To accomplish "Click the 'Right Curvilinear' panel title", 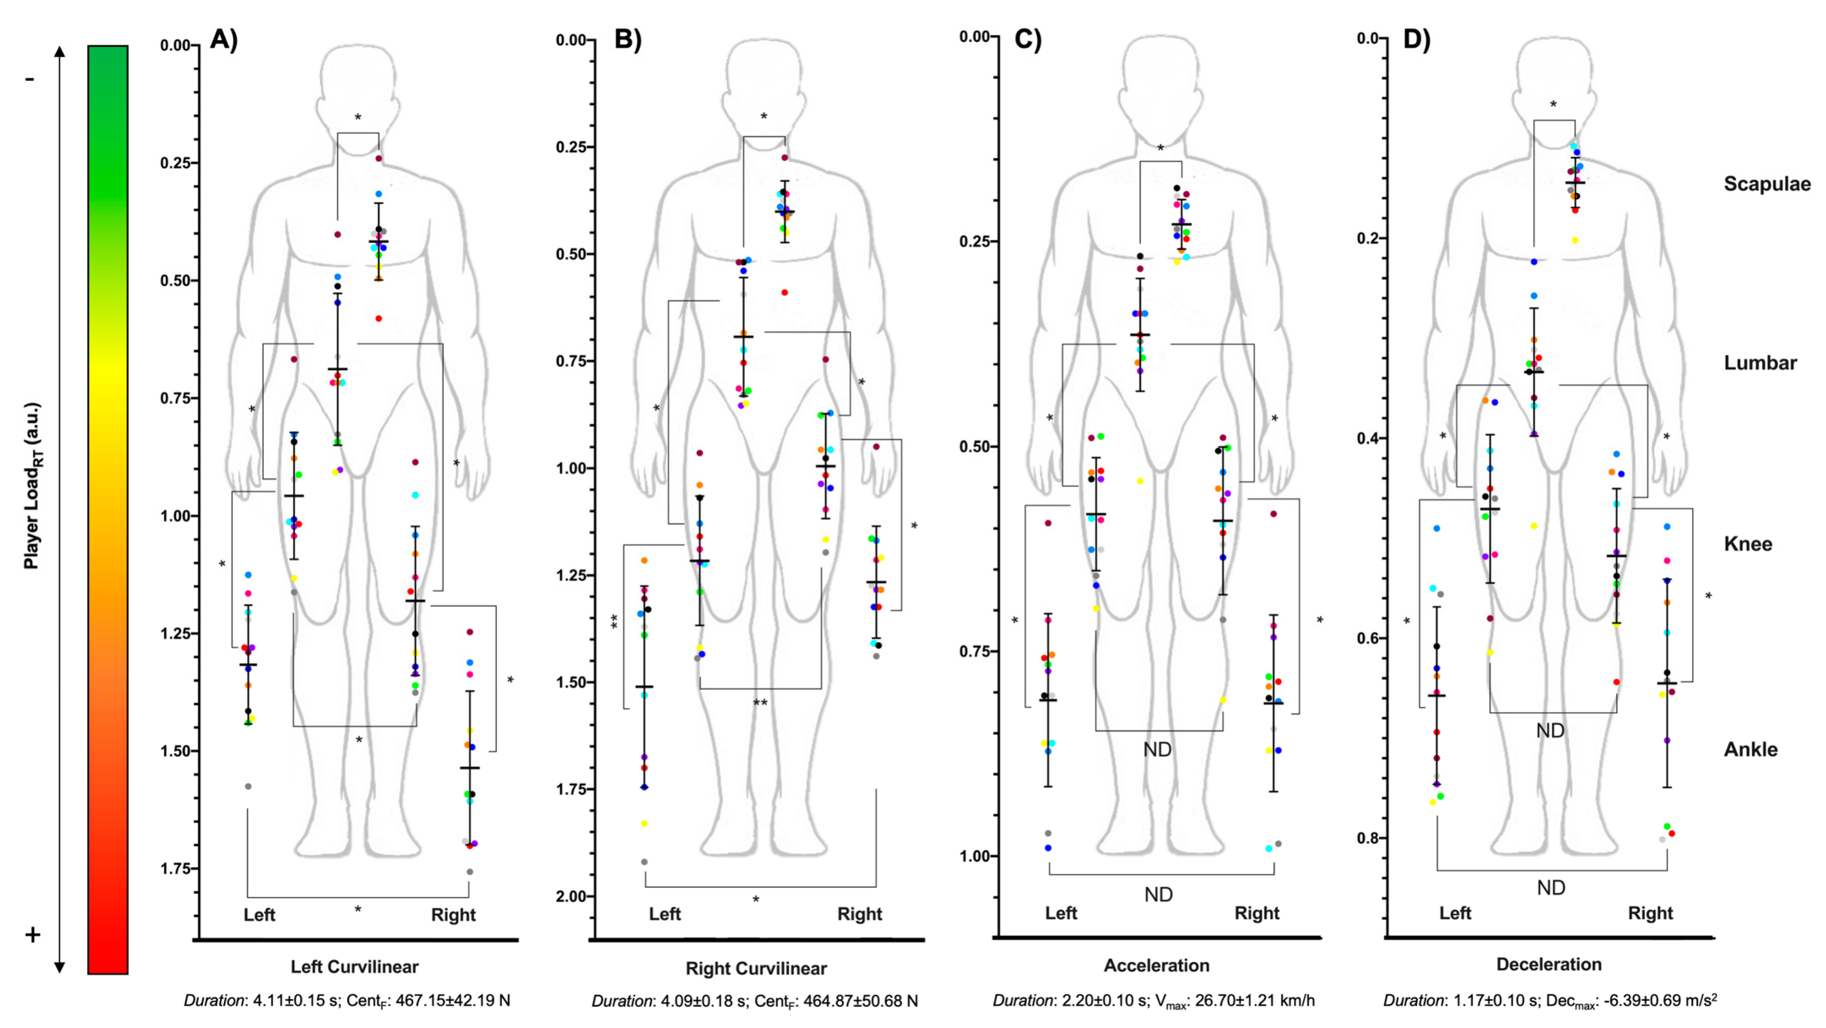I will tap(756, 968).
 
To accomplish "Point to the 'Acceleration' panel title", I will tap(1157, 965).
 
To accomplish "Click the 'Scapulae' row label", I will tap(1767, 183).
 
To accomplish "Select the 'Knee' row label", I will tap(1748, 544).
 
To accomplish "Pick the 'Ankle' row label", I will tap(1751, 749).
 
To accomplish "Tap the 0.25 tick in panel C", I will tap(975, 241).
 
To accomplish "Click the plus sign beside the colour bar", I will tap(33, 935).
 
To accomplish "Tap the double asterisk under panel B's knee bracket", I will tap(760, 703).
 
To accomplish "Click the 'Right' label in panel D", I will tap(1650, 913).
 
